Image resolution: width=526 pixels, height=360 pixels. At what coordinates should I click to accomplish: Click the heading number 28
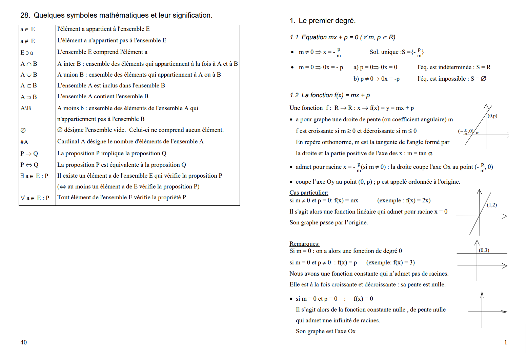25,15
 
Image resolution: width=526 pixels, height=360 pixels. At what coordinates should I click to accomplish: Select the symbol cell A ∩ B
29,64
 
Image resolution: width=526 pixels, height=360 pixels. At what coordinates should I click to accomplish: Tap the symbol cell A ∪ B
29,75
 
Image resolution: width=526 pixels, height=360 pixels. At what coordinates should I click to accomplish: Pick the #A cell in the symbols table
24,142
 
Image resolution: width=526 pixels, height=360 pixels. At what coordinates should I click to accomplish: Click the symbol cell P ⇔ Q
29,165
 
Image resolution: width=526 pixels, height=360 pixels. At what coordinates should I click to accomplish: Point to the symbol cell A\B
26,108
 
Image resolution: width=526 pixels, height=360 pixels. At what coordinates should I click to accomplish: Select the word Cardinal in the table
68,141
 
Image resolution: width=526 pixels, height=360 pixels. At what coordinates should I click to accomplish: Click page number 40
23,342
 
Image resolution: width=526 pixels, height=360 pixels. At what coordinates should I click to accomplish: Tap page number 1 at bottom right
506,342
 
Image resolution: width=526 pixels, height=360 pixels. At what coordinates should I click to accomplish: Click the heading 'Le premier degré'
327,21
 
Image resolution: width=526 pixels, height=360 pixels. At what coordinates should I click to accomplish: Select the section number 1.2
294,95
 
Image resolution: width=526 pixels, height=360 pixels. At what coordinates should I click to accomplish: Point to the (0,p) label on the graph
492,116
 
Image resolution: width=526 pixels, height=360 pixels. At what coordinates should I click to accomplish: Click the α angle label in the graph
477,133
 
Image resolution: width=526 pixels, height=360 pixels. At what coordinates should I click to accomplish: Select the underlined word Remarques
304,244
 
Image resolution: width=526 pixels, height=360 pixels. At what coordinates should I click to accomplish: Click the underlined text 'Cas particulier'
308,193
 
